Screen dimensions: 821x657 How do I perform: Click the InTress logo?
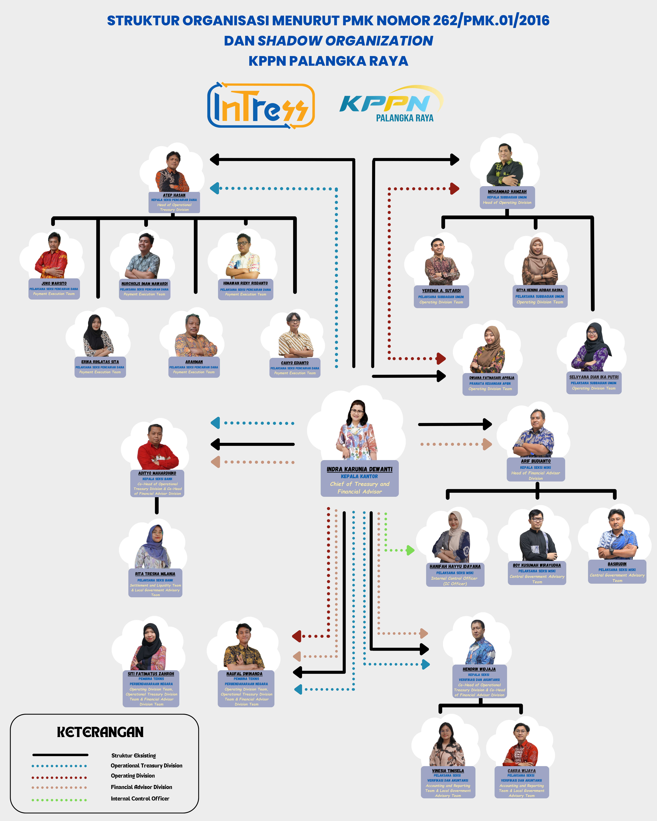(x=261, y=105)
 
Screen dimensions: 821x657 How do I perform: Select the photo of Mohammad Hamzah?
(x=505, y=166)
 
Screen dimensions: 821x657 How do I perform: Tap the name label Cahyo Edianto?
(x=295, y=363)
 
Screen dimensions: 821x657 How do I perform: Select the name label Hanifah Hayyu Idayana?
(x=455, y=567)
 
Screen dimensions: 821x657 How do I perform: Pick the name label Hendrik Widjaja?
(x=479, y=669)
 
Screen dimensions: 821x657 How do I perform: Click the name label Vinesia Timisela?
(x=448, y=771)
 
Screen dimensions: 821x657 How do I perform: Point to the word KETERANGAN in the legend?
(x=100, y=732)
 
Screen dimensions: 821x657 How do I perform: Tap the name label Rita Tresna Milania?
(x=155, y=574)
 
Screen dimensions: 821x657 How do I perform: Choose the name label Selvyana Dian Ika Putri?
(x=594, y=377)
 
